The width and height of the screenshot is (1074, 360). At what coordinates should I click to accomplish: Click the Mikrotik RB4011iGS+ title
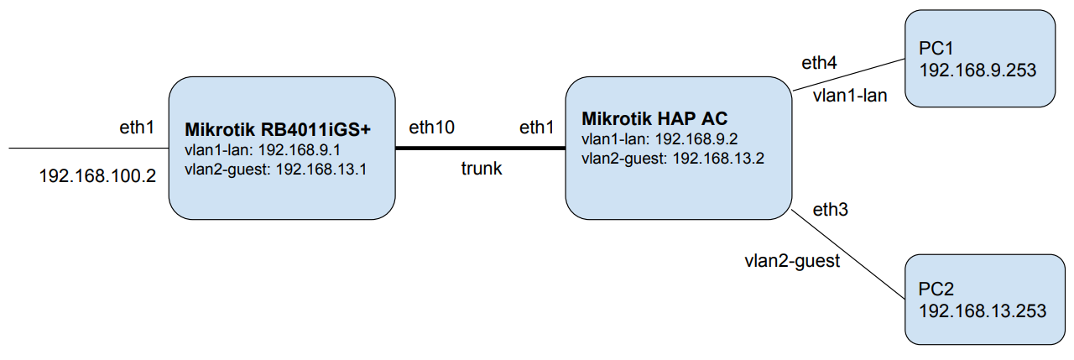click(x=278, y=130)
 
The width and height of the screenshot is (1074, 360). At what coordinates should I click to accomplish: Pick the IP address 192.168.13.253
click(x=983, y=311)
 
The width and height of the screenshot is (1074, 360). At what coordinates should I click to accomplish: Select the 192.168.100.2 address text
click(x=97, y=176)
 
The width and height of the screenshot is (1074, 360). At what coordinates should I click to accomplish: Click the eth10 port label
click(x=431, y=128)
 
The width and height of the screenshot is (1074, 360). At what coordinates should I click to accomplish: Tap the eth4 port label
click(x=820, y=62)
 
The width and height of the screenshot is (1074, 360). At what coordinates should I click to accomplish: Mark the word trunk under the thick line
click(x=482, y=169)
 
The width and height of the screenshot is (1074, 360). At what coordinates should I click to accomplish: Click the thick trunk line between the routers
click(x=480, y=149)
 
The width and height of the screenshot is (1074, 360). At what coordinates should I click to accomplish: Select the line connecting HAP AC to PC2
click(x=847, y=252)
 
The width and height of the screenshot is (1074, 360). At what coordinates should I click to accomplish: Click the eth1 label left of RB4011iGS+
click(x=137, y=128)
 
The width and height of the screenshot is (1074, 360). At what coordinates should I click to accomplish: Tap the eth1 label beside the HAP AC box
click(x=537, y=128)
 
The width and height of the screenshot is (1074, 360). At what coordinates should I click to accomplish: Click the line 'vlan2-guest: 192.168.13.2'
click(x=672, y=157)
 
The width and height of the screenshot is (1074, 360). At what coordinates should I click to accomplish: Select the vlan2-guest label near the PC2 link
click(x=792, y=261)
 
